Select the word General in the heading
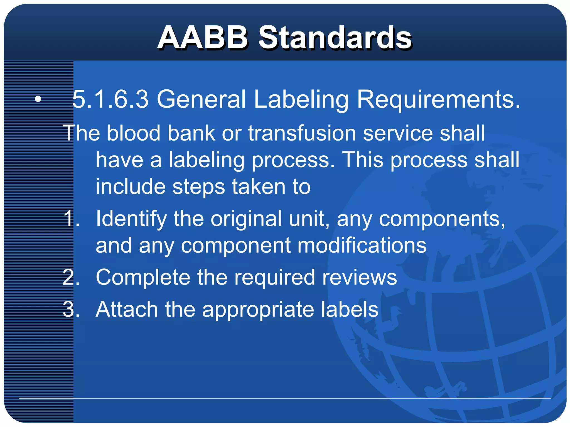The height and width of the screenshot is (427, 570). click(201, 99)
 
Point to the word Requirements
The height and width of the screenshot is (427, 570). click(438, 99)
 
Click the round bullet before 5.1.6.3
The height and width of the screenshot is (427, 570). click(38, 99)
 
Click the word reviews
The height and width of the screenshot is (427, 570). click(360, 278)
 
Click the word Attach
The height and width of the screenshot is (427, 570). click(127, 309)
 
